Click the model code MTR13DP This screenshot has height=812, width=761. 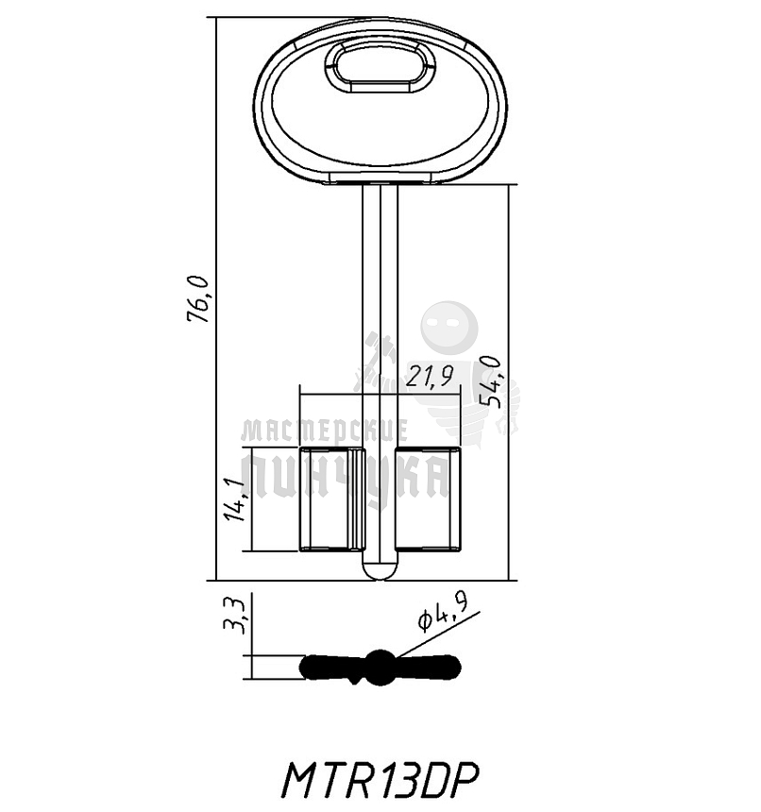380,780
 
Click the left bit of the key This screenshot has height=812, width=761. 326,500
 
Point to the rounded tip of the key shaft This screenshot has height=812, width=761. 380,570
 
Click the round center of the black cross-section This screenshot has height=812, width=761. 380,666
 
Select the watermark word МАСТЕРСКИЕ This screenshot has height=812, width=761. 324,431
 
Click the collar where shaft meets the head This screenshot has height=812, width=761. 380,181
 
